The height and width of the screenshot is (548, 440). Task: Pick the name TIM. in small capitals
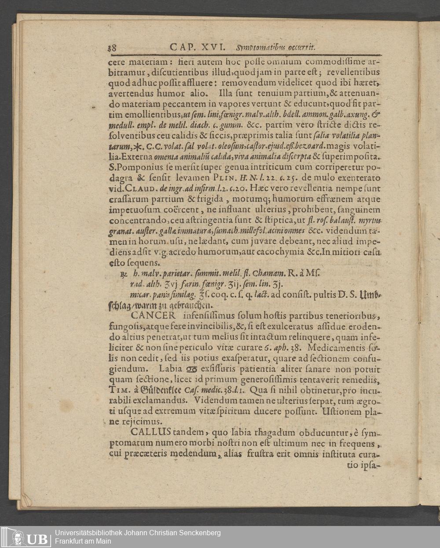(x=119, y=390)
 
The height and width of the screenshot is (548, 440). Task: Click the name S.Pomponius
(x=131, y=167)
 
